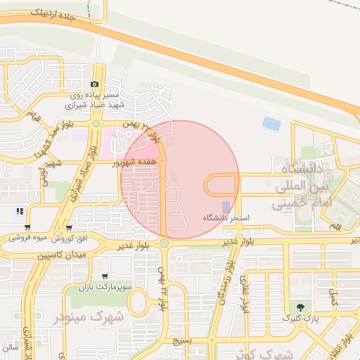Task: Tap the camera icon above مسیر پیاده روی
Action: pos(95,84)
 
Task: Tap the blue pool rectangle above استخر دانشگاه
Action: pos(225,207)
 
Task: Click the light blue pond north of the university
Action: pos(271,124)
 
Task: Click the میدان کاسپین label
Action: pos(60,252)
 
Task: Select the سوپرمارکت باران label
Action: pos(105,288)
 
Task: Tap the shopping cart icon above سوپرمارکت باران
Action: pos(105,276)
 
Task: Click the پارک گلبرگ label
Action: pos(300,318)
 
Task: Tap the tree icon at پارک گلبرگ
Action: pos(301,307)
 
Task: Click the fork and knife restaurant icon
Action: pos(20,210)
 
